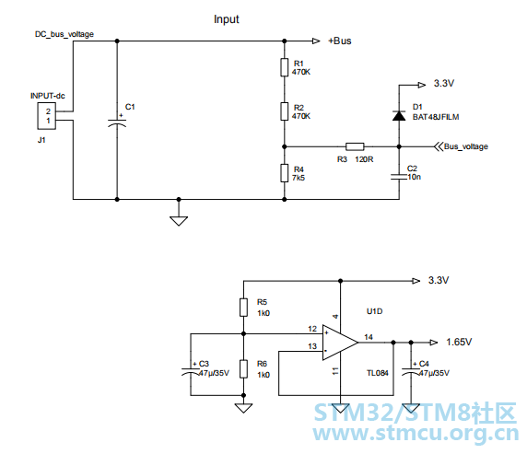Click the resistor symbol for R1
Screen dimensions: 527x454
285,67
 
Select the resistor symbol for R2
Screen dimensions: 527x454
285,111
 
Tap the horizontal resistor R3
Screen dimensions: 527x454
355,146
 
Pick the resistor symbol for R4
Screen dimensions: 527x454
285,173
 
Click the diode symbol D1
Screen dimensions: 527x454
399,115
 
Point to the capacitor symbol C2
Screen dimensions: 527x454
399,177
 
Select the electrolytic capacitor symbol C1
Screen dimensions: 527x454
117,123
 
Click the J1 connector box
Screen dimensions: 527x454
46,116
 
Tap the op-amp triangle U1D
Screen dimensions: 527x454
340,343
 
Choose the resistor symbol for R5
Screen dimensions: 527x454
243,308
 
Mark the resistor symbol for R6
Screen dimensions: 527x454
243,369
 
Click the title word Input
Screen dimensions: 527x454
227,19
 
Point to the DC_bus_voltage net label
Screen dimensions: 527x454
64,34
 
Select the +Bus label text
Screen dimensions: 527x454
340,41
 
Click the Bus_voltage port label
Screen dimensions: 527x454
466,146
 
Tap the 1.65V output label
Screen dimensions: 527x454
459,342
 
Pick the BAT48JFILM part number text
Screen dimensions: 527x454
436,117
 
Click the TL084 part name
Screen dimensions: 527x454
378,373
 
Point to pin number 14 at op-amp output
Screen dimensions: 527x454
369,337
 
